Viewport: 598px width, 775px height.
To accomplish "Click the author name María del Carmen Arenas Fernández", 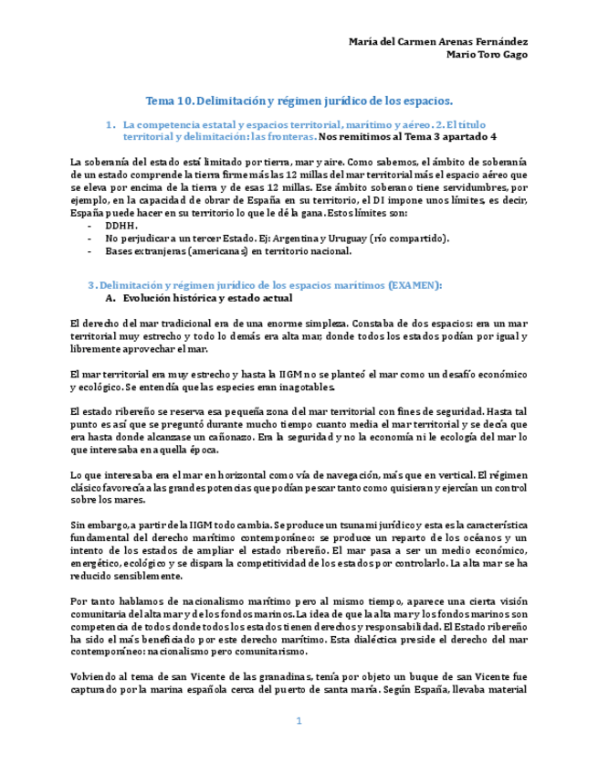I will [x=438, y=42].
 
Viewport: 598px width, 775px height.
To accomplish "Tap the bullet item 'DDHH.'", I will [x=121, y=226].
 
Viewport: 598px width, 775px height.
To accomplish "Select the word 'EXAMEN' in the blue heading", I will [x=414, y=285].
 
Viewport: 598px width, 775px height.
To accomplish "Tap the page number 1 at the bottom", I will [x=298, y=722].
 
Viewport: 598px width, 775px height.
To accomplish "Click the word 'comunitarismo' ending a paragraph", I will [x=269, y=653].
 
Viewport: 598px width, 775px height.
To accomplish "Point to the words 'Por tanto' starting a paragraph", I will [x=90, y=602].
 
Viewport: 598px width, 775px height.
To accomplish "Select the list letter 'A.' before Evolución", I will [x=110, y=298].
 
